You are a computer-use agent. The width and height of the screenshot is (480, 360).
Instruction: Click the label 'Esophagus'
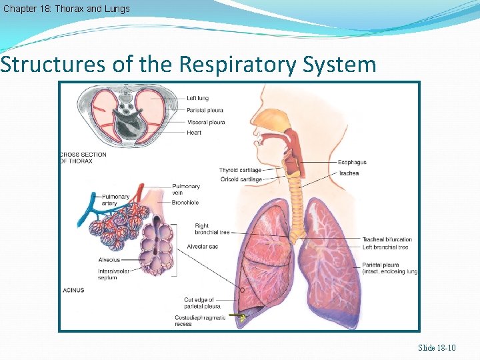(352, 162)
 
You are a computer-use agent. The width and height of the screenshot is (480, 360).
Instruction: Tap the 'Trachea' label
(349, 173)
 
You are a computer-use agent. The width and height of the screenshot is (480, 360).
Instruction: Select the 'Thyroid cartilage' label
(240, 171)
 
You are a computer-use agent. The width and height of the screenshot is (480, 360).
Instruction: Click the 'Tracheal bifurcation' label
(387, 239)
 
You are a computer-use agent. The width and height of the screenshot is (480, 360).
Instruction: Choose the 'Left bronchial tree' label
(385, 247)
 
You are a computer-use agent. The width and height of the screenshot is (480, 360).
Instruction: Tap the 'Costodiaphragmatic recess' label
(205, 321)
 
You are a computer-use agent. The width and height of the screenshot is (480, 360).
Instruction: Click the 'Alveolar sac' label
(203, 247)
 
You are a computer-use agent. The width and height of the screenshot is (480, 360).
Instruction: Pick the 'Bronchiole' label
(185, 203)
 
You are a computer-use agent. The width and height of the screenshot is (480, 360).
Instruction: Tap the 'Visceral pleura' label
(206, 122)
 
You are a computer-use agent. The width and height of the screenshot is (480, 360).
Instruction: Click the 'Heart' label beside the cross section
(194, 133)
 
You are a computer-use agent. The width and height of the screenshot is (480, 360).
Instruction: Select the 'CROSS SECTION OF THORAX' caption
(83, 158)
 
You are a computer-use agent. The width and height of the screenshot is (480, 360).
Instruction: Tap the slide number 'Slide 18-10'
(437, 348)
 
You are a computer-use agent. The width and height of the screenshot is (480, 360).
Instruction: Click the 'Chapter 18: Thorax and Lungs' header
(66, 9)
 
